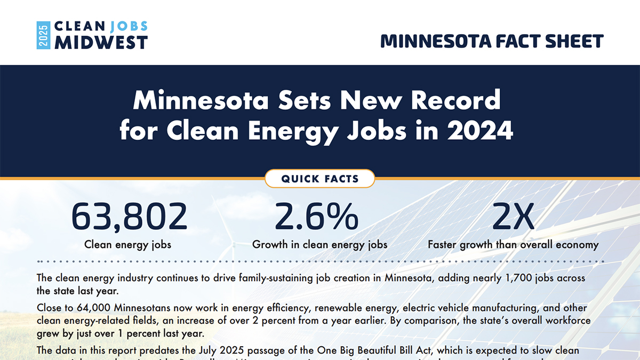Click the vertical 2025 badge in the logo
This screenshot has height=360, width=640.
click(43, 35)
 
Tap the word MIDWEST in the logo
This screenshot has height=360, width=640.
click(101, 43)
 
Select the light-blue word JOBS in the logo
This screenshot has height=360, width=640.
click(129, 27)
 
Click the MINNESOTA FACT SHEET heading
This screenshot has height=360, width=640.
click(492, 41)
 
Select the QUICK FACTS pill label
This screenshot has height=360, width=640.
click(320, 179)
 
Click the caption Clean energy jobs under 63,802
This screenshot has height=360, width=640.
click(128, 245)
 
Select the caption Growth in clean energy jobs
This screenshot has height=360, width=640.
click(319, 245)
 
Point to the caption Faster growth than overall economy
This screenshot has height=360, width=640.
click(513, 245)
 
